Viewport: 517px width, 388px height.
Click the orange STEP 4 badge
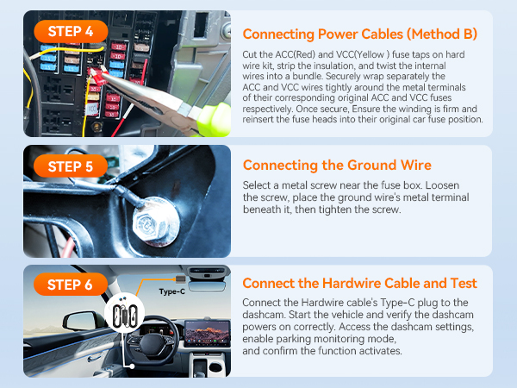(72, 32)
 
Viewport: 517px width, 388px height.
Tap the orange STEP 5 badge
(72, 165)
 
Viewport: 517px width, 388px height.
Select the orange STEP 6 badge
(72, 285)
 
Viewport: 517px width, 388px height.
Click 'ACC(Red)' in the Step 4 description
(293, 54)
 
